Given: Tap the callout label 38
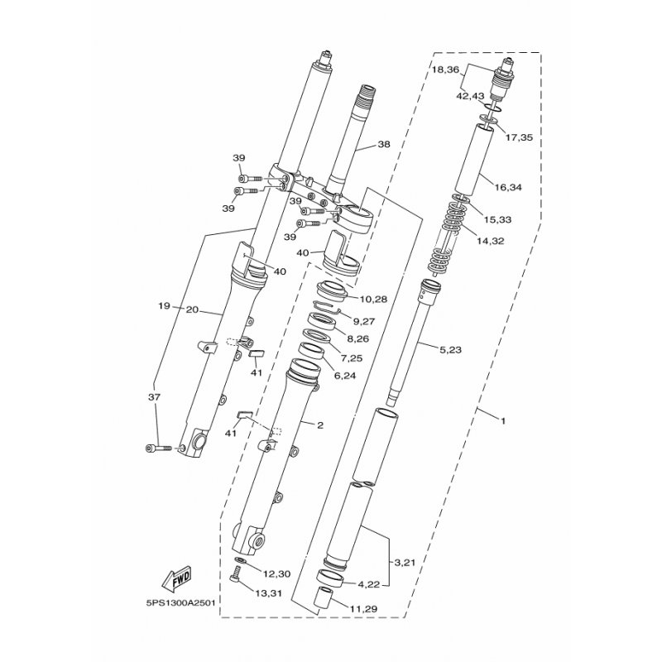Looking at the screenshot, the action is pos(384,144).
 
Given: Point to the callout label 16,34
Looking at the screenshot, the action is pos(508,187).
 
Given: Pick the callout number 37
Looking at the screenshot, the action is pos(155,397).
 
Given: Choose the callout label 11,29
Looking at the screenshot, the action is pos(364,609).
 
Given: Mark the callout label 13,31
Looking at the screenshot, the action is pos(268,593).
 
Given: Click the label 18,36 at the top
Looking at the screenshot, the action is pos(445,70).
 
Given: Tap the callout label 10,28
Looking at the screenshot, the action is pos(373,300).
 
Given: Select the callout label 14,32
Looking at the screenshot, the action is pos(490,241).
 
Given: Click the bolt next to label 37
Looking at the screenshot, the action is pos(158,447).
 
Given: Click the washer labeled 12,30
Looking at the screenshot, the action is pos(240,560).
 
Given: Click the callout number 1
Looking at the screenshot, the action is pos(503,421).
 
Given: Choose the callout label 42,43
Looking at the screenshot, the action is pos(470,96).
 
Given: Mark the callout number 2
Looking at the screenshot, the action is pos(319,425).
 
